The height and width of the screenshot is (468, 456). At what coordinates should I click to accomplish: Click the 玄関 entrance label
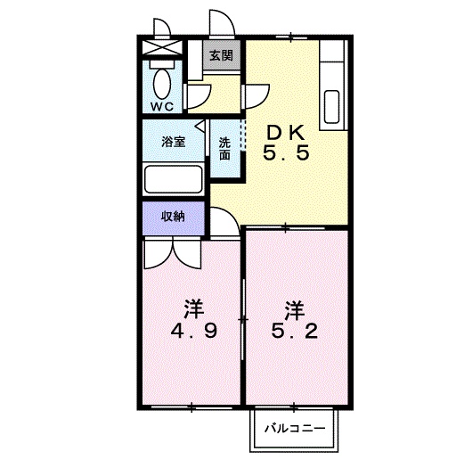221,55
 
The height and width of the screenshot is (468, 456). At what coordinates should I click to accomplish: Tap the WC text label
162,106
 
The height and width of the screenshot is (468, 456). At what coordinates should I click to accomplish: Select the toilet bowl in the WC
162,84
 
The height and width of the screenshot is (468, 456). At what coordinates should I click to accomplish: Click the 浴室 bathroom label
174,142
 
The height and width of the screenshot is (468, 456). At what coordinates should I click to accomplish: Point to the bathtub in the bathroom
174,179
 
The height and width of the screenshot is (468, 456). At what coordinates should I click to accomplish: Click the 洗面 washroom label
224,149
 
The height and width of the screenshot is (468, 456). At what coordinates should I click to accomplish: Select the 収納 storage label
173,217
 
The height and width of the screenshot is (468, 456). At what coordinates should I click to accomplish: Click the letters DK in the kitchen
286,134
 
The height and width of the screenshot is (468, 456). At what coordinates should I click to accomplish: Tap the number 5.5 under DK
286,153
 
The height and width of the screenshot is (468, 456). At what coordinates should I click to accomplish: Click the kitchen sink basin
331,107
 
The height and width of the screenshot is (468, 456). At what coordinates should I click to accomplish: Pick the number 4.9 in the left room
193,331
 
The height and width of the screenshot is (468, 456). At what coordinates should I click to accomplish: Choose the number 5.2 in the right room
295,331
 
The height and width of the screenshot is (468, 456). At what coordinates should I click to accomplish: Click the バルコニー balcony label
295,429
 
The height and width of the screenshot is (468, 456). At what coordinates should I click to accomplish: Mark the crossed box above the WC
162,47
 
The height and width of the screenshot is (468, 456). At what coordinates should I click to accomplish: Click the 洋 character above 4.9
194,309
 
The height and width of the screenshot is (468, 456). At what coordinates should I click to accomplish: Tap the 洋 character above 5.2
295,309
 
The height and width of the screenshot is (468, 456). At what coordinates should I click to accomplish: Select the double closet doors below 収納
173,254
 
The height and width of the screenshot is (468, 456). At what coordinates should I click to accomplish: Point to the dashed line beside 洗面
244,135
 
